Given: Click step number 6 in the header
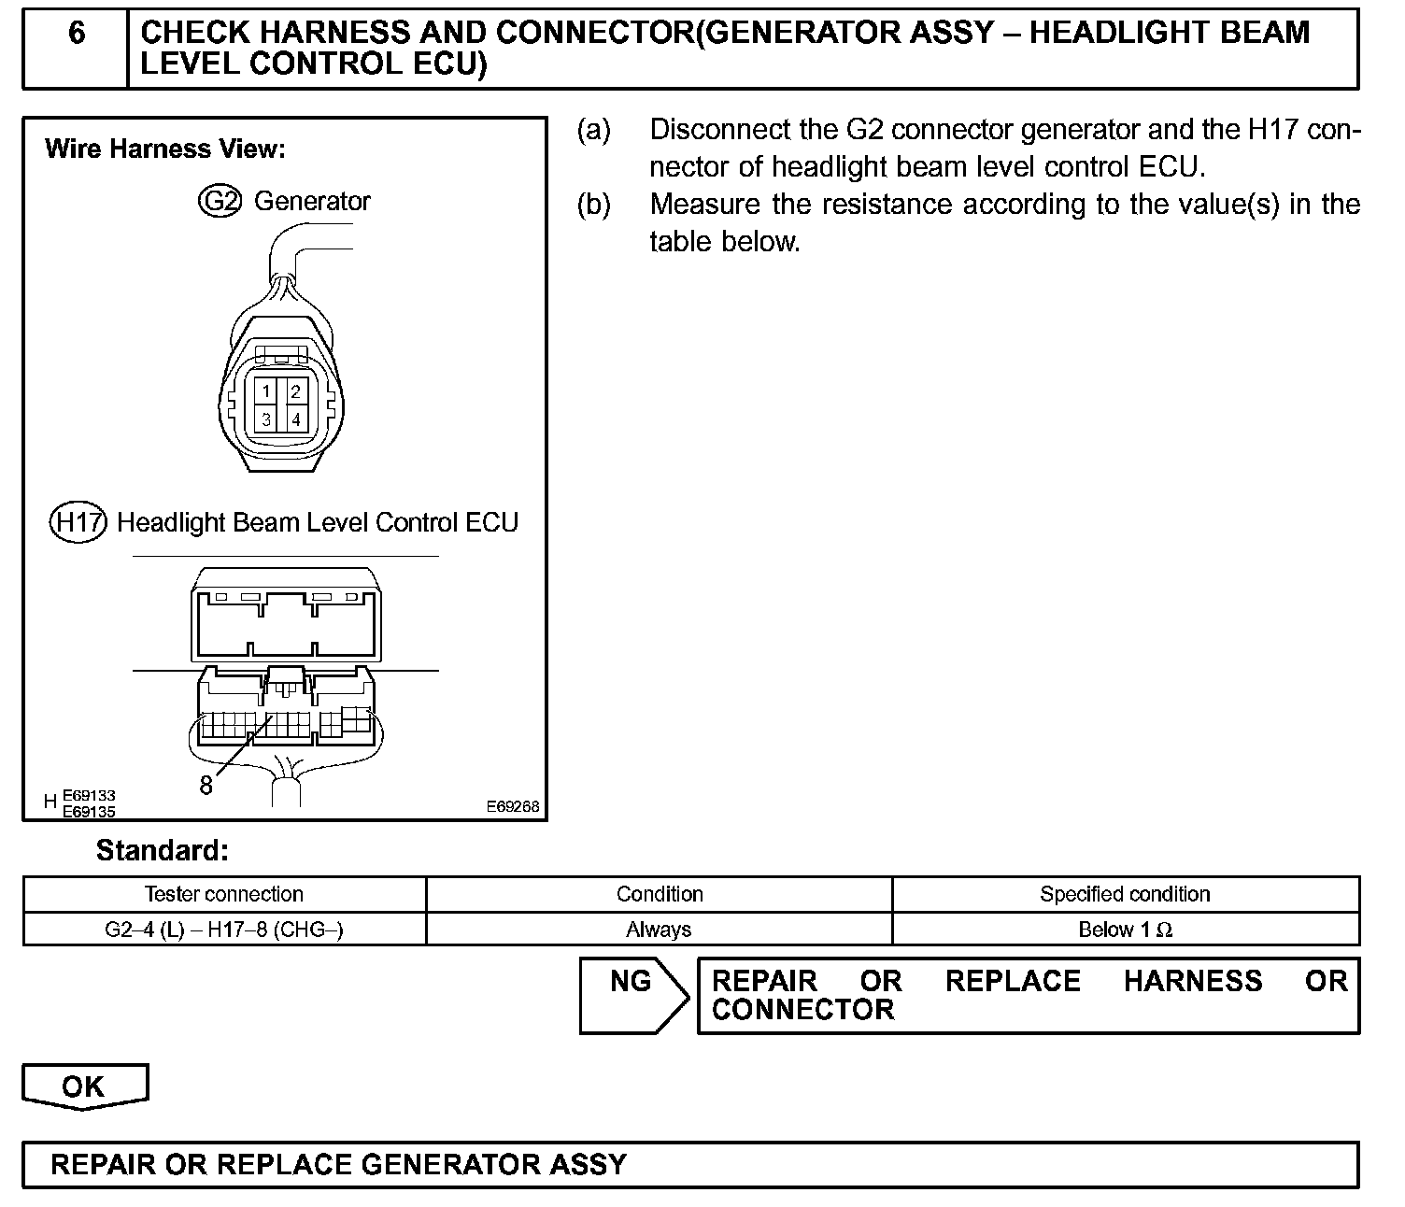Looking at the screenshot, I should [x=77, y=34].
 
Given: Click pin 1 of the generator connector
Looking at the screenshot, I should [x=266, y=391].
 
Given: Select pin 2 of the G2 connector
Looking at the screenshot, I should [x=295, y=391].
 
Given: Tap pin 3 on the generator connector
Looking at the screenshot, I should [x=266, y=419].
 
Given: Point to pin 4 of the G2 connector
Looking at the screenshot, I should [x=295, y=419].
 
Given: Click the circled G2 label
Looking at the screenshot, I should [x=220, y=201].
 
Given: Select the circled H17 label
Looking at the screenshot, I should [x=78, y=522].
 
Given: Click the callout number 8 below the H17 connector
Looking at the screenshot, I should [x=206, y=786].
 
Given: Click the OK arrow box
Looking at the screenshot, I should [x=84, y=1086].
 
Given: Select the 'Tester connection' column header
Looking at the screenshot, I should [x=224, y=894].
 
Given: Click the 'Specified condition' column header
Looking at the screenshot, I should [x=1125, y=894].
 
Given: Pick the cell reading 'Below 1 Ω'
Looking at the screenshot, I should [x=1125, y=930].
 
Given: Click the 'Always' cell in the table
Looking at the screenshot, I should [x=659, y=930].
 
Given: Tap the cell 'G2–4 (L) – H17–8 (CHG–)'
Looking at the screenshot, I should [x=224, y=930].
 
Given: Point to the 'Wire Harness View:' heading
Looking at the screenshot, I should [x=165, y=149].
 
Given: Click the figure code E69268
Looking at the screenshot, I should [x=512, y=806].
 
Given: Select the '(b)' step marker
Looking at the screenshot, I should [x=594, y=205].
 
